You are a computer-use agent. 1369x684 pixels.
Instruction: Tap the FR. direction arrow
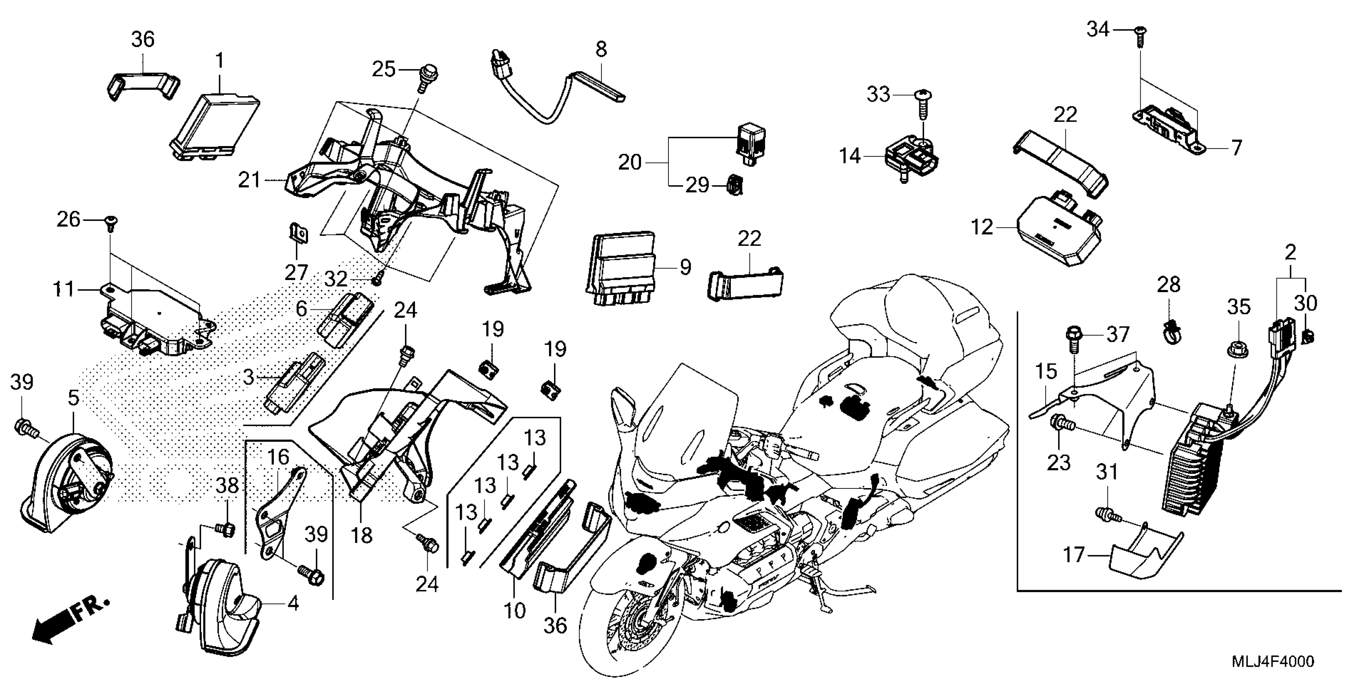point(69,621)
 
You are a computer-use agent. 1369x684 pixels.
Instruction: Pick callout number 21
point(249,181)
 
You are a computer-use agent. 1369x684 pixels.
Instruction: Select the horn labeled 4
point(223,600)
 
